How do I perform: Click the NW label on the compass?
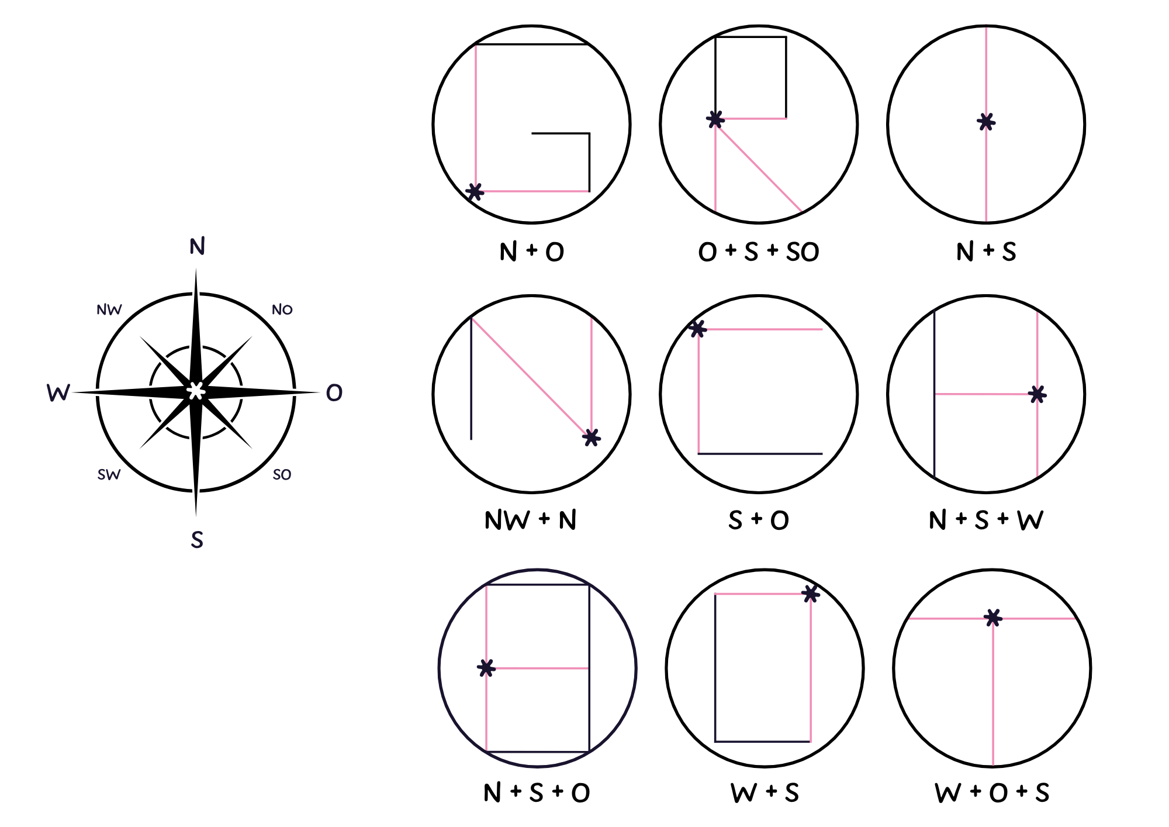click(109, 309)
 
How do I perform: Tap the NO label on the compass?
click(282, 309)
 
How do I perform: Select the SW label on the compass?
click(109, 474)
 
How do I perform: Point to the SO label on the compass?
click(282, 474)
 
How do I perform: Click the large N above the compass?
click(197, 246)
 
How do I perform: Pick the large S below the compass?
click(197, 539)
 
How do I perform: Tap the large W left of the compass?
click(58, 392)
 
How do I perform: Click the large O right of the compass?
click(334, 392)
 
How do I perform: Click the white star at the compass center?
click(196, 391)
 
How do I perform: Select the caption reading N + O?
click(532, 252)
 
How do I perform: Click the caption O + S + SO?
click(759, 252)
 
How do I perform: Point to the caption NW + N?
click(531, 520)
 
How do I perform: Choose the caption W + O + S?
click(992, 793)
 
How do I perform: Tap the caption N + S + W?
click(986, 520)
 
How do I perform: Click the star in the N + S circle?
click(986, 122)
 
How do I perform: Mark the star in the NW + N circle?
click(592, 437)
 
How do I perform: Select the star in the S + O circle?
click(697, 329)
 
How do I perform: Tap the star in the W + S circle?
click(811, 594)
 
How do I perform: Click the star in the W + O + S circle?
click(993, 618)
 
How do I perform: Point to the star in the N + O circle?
click(475, 191)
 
